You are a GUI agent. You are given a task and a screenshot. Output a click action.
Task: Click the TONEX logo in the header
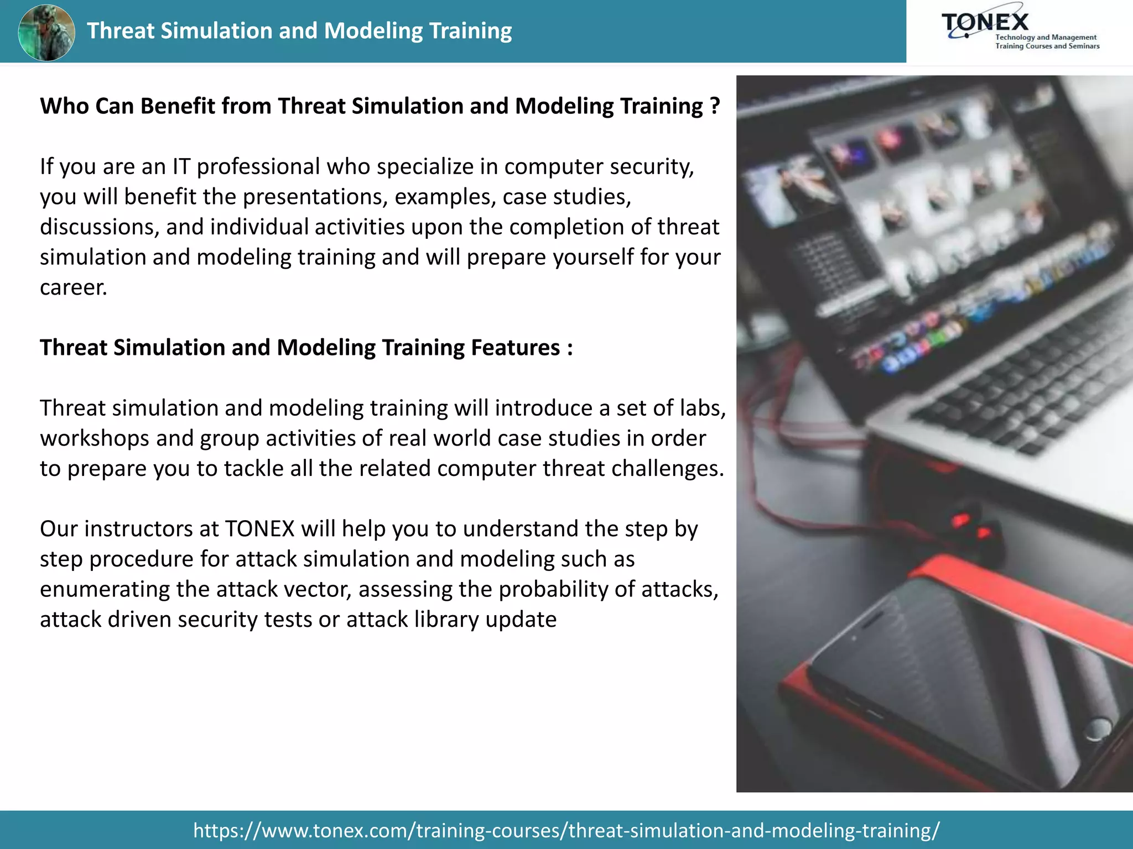point(1019,31)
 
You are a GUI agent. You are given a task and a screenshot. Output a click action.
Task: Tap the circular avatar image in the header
point(46,32)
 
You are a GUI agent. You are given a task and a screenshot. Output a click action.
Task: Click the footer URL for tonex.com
point(566,830)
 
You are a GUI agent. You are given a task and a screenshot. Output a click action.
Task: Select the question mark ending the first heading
point(715,106)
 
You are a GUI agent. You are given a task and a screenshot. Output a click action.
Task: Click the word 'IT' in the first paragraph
point(181,166)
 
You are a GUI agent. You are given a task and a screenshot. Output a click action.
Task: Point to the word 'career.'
point(73,287)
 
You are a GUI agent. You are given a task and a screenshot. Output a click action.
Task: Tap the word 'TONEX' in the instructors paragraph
point(259,529)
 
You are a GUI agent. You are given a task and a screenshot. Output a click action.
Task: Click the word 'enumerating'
point(105,589)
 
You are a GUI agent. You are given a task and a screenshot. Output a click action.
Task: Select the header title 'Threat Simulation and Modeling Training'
point(299,31)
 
